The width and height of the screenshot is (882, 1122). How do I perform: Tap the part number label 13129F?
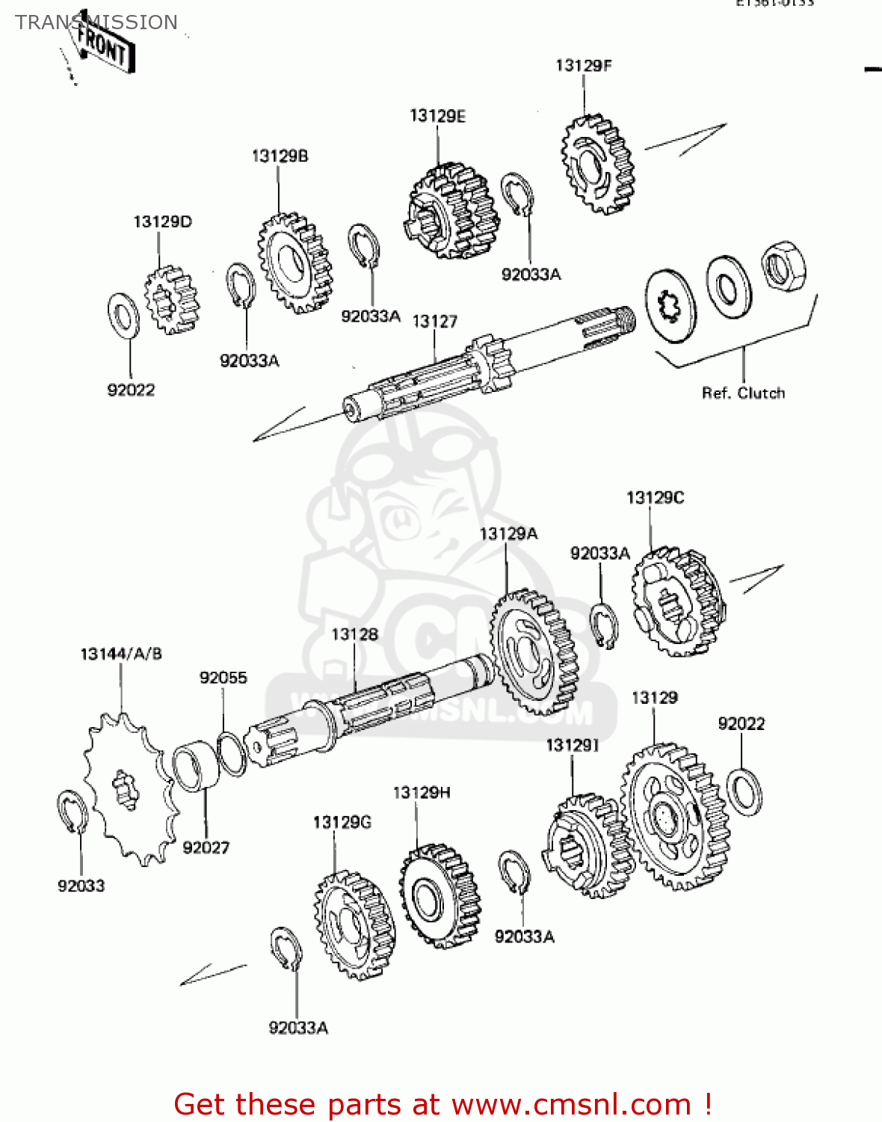click(x=583, y=66)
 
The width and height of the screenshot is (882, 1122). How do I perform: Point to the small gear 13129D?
click(x=172, y=299)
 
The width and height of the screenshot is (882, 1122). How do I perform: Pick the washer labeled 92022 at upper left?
click(x=123, y=315)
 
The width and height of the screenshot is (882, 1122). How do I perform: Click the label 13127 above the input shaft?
click(x=434, y=322)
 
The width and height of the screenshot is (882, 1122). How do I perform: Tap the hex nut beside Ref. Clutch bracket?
click(x=783, y=266)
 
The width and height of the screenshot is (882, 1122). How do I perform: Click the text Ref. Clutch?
click(x=743, y=393)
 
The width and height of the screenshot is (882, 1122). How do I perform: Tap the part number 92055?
click(x=223, y=678)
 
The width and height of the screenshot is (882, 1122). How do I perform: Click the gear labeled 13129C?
click(x=676, y=602)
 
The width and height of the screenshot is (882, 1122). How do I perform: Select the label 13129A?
click(x=508, y=534)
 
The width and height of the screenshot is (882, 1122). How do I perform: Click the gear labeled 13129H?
click(x=440, y=896)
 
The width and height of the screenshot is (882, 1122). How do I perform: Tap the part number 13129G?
click(x=342, y=823)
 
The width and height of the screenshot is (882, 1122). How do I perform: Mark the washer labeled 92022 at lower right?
click(x=744, y=791)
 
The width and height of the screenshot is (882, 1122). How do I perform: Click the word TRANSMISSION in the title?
click(x=96, y=22)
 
